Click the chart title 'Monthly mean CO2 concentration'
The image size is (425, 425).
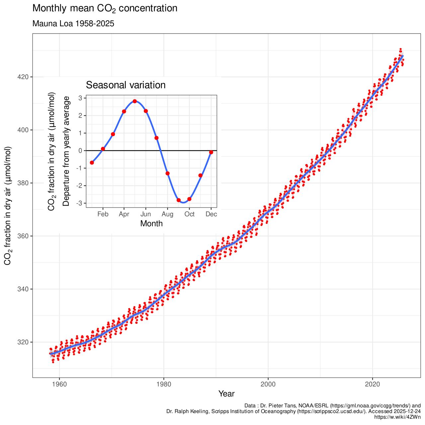tap(105, 8)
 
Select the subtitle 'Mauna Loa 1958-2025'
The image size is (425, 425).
tap(73, 24)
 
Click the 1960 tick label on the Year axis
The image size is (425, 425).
tap(59, 384)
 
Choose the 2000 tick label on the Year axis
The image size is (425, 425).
tap(268, 384)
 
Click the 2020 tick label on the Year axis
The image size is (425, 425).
tap(372, 384)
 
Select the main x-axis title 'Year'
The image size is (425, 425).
tap(226, 394)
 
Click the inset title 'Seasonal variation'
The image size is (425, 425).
tap(126, 85)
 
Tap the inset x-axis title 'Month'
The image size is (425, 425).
tap(151, 223)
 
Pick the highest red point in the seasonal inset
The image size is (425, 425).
tap(134, 101)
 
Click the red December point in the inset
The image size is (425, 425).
tap(211, 152)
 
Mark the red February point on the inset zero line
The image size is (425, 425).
tap(103, 149)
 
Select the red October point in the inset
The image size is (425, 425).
tap(189, 199)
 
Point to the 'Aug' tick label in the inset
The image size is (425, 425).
tap(167, 214)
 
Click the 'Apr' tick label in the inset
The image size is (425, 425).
tap(124, 214)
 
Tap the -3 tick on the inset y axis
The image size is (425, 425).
tap(80, 203)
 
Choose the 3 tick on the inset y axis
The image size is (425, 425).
tap(80, 98)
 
